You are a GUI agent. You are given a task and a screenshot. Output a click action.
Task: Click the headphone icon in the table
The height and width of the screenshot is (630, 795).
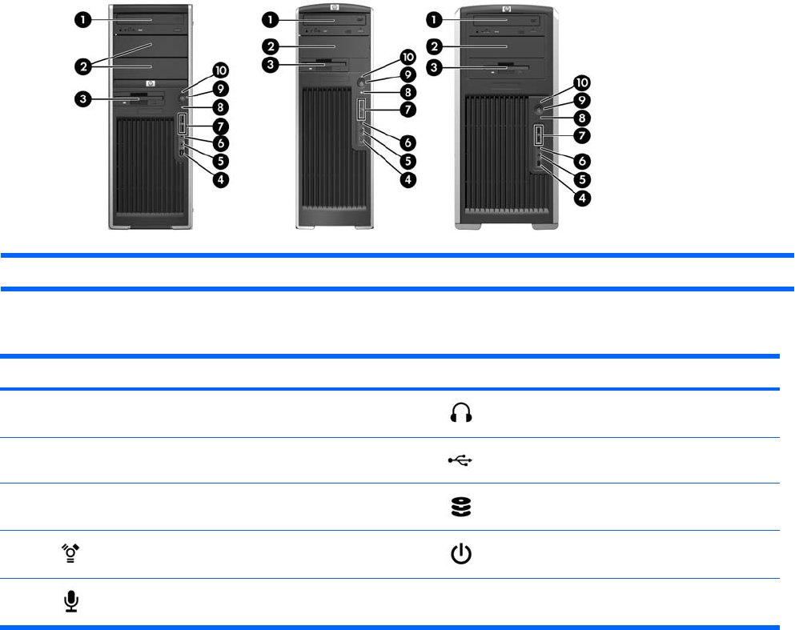pos(463,413)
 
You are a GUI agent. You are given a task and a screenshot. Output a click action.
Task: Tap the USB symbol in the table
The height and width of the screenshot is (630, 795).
pos(463,460)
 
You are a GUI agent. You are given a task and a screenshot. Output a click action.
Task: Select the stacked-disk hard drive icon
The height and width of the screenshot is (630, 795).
pos(463,507)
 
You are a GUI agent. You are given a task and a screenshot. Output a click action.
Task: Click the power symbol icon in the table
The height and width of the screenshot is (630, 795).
pos(463,554)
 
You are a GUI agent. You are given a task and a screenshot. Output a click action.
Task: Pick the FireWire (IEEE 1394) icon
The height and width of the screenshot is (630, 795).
pos(72,554)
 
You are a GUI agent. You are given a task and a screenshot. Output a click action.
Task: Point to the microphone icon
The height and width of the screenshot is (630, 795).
pos(72,600)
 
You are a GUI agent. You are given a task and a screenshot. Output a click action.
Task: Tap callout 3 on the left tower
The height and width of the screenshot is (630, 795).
pos(83,99)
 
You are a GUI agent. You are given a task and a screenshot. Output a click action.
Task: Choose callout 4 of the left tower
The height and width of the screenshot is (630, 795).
pos(221,179)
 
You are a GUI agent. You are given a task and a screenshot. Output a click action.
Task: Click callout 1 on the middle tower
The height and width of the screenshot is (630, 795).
pos(272,18)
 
